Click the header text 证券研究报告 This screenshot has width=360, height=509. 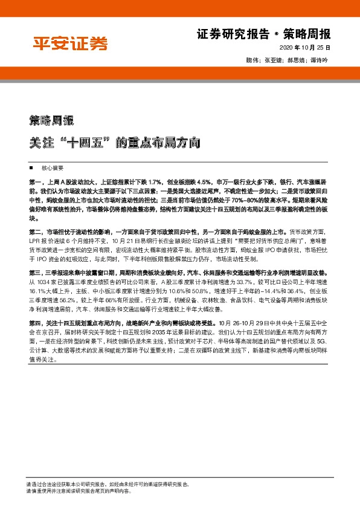click(x=228, y=34)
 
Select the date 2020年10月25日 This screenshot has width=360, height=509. click(x=306, y=48)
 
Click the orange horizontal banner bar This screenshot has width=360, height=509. click(x=180, y=73)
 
